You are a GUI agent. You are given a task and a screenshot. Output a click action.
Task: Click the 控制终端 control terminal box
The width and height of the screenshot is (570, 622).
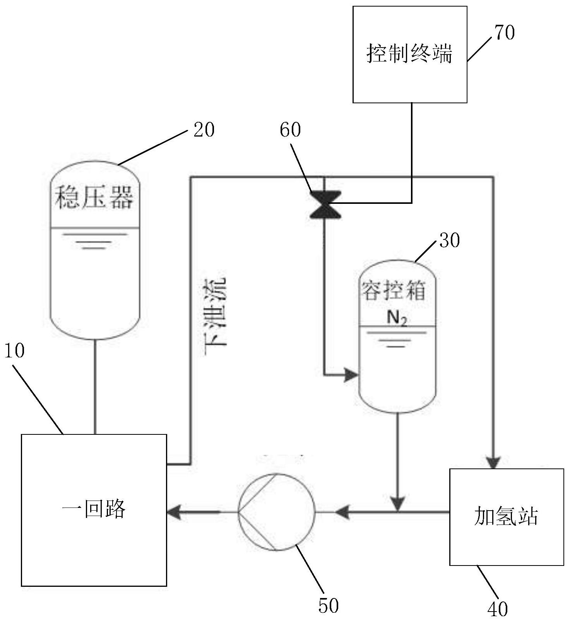[410, 54]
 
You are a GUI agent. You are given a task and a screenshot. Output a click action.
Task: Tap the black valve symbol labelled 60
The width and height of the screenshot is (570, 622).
[325, 205]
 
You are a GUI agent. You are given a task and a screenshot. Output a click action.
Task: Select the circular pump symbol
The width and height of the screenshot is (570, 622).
[276, 512]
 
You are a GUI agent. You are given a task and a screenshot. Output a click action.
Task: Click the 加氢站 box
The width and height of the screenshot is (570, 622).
[506, 517]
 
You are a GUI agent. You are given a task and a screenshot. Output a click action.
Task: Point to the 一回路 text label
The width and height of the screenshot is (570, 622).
[94, 509]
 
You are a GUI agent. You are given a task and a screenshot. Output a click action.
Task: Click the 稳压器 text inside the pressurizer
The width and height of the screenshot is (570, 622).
[94, 198]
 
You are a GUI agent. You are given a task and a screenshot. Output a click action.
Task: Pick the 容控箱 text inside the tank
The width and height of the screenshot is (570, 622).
[394, 290]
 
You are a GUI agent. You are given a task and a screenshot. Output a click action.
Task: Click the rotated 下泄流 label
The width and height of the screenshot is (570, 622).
[215, 311]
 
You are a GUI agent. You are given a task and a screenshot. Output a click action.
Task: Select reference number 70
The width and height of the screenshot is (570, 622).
[505, 32]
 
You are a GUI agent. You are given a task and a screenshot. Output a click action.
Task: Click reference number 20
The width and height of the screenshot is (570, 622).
[204, 130]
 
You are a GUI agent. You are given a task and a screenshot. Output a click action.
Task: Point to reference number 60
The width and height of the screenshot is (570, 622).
[290, 130]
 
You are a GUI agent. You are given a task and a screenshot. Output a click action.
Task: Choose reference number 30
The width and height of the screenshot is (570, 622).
[450, 240]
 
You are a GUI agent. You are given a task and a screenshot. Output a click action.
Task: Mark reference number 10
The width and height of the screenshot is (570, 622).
[15, 350]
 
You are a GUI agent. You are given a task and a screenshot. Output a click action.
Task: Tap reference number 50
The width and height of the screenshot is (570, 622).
[329, 605]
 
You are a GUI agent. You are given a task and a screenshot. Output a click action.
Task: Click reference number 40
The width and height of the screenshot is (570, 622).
[497, 609]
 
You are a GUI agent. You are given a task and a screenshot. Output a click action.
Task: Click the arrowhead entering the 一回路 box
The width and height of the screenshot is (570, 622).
[175, 512]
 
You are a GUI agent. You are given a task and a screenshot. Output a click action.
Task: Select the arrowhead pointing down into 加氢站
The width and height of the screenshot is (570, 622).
[493, 462]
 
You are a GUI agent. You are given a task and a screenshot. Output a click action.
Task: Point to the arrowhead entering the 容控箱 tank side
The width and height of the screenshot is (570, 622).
[352, 374]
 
